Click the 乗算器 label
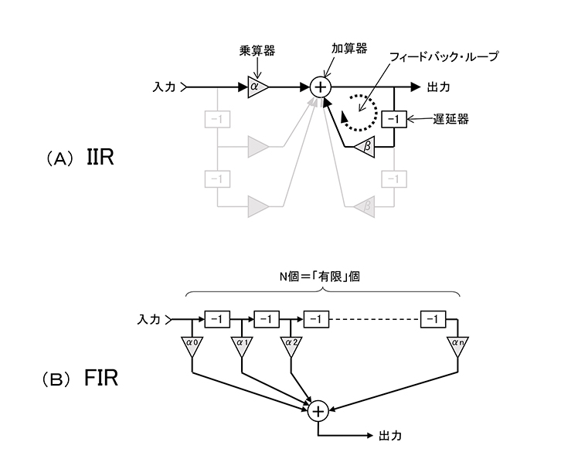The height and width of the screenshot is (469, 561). click(257, 51)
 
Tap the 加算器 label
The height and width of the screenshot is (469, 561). click(349, 47)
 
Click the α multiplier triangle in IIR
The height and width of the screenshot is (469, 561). click(257, 87)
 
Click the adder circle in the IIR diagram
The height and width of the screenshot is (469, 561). click(319, 87)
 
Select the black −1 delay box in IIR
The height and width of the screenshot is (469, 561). click(394, 119)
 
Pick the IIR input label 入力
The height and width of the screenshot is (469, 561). click(165, 87)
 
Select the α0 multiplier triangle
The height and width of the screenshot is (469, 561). click(192, 346)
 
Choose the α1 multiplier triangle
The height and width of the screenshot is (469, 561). click(241, 346)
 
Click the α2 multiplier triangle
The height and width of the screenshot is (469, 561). click(291, 346)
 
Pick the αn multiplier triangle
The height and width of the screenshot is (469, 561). click(457, 346)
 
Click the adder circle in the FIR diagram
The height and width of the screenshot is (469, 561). click(318, 412)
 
